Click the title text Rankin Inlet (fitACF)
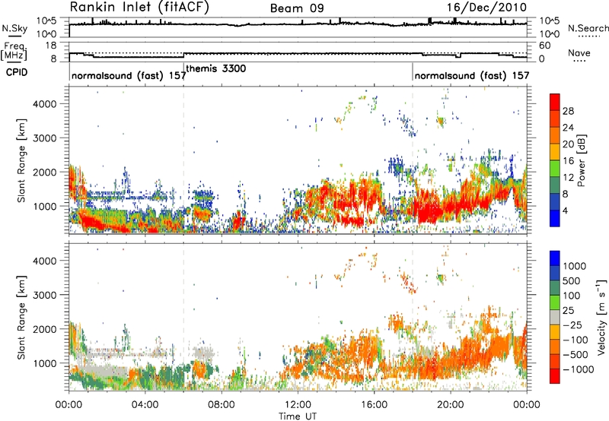tap(139, 7)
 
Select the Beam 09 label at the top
tap(297, 8)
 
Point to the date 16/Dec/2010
tap(486, 8)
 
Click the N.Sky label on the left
tap(14, 28)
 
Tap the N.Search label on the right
tap(588, 28)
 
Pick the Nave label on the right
tap(579, 52)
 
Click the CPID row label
tap(17, 72)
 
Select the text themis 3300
tap(216, 68)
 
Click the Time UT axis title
tap(298, 416)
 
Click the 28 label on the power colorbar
tap(568, 111)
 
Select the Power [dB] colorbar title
tap(581, 160)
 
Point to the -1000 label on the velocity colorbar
tap(579, 369)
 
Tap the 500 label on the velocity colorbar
tap(572, 280)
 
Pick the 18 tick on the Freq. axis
tap(51, 46)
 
